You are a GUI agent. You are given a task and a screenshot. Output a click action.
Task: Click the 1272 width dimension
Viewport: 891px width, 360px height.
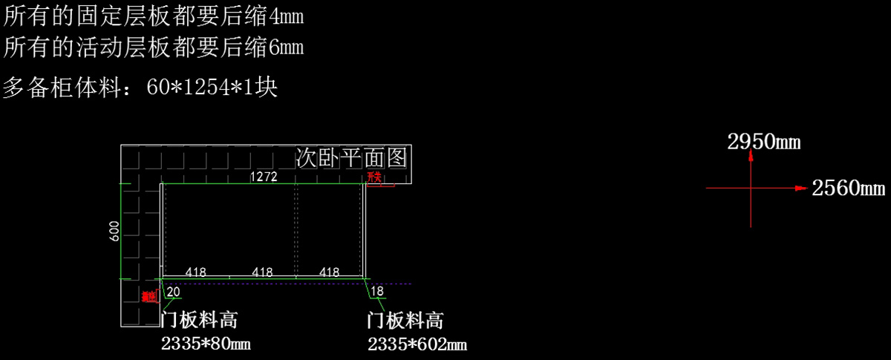click(264, 177)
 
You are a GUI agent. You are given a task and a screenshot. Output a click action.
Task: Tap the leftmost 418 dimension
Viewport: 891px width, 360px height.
click(195, 272)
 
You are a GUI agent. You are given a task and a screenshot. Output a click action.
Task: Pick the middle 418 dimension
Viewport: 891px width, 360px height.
click(262, 272)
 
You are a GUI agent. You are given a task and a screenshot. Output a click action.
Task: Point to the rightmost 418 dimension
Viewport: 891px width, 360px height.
click(329, 272)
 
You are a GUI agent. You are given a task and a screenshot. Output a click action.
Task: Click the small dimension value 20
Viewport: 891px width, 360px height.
click(173, 291)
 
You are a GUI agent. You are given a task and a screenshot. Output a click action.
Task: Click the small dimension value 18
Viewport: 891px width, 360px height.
click(377, 291)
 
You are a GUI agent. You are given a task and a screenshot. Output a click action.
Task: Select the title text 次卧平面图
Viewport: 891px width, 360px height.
click(351, 157)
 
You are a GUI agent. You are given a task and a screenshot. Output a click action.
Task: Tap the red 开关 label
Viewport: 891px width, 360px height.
click(373, 177)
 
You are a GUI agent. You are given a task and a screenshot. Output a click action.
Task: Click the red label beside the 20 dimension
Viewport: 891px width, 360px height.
click(148, 296)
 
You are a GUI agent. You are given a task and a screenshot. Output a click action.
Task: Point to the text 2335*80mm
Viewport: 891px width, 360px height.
click(206, 344)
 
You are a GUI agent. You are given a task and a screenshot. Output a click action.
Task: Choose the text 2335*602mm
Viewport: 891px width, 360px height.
click(417, 344)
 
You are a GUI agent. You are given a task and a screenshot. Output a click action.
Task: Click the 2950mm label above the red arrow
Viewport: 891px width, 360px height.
click(763, 142)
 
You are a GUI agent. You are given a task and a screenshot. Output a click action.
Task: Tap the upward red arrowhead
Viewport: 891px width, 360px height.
click(751, 156)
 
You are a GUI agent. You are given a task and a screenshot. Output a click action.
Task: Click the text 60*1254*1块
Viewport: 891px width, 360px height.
click(212, 88)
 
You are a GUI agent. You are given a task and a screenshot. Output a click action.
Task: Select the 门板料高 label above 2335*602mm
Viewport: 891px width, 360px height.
click(405, 321)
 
